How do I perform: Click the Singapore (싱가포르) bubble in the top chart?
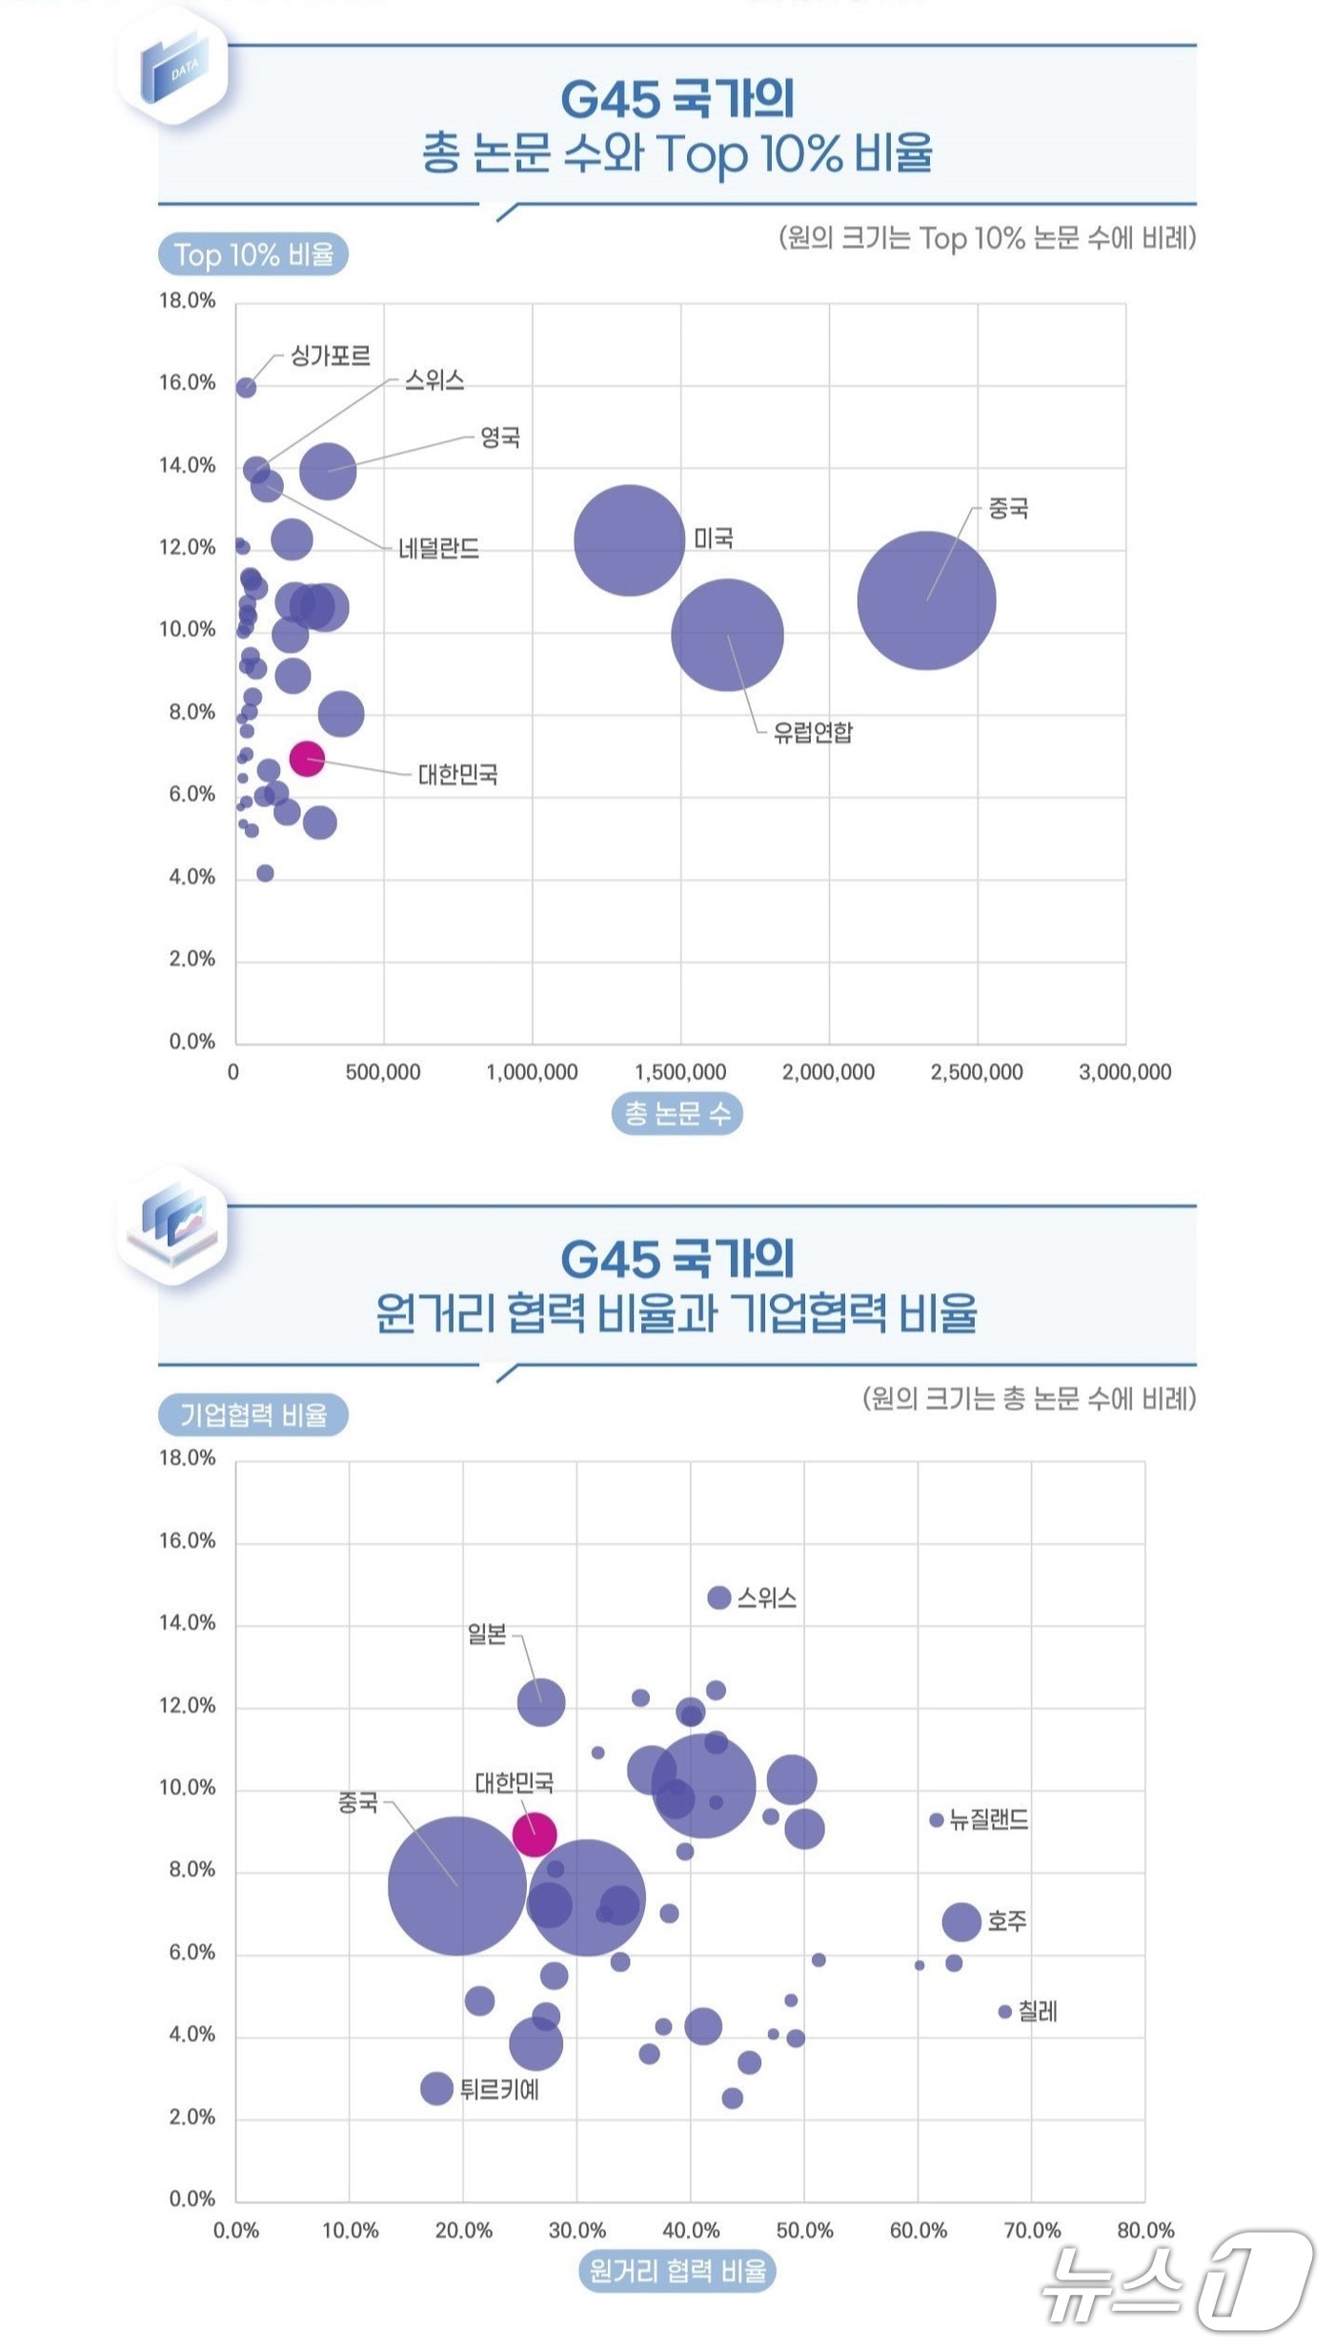(246, 387)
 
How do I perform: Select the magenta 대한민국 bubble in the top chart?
(307, 759)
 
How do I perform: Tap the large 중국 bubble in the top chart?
(926, 600)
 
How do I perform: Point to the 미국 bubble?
(629, 540)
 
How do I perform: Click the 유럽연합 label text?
(813, 732)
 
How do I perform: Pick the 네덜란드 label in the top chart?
(438, 548)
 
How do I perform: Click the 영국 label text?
(500, 437)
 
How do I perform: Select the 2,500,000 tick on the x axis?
(977, 1071)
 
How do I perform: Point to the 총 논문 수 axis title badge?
(677, 1113)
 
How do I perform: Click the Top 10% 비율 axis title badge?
(253, 255)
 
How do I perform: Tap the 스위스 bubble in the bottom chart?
(719, 1597)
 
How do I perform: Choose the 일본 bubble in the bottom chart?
(541, 1702)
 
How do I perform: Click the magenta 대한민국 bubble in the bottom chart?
(535, 1834)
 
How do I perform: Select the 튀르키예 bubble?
(436, 2089)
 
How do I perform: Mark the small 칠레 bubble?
(1004, 2011)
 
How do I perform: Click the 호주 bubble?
(961, 1921)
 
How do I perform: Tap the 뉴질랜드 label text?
(989, 1820)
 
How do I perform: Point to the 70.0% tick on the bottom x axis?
(1032, 2230)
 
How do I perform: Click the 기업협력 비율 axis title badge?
(253, 1414)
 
